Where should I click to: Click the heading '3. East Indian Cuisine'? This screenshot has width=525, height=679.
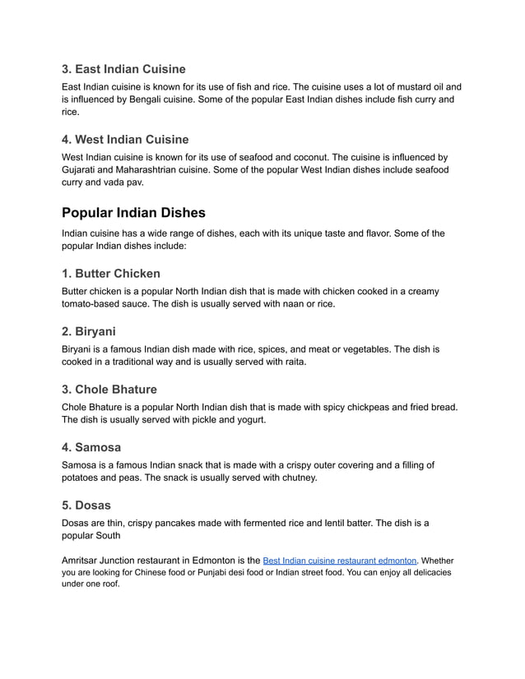click(x=123, y=69)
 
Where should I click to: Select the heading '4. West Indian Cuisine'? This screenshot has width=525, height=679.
click(x=125, y=139)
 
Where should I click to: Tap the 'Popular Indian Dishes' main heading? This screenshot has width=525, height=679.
click(x=133, y=212)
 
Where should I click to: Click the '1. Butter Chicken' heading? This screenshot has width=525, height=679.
click(x=111, y=273)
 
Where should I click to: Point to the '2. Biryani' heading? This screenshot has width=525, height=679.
click(x=89, y=331)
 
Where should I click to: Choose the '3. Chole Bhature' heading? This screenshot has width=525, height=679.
click(x=109, y=389)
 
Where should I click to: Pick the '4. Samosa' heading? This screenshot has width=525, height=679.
click(x=91, y=447)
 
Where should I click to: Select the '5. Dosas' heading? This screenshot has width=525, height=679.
click(x=86, y=505)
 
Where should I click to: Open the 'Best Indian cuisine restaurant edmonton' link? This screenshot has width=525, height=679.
click(x=339, y=560)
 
